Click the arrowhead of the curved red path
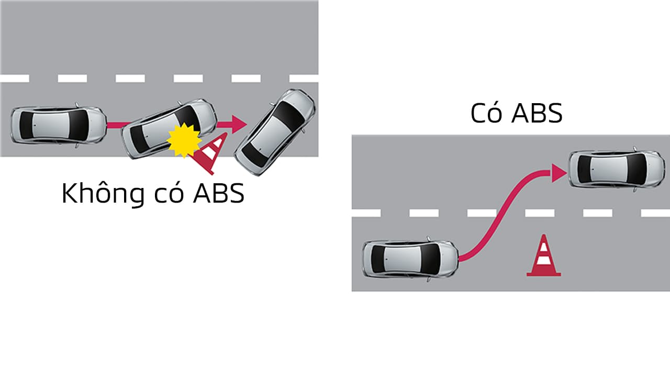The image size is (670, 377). point(558,172)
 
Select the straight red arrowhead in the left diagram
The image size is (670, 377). point(239,124)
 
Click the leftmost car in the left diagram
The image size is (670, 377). point(58,125)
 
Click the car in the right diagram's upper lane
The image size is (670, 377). point(616,169)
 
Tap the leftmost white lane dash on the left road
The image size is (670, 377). point(15,79)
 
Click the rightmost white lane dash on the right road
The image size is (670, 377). point(655,213)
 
